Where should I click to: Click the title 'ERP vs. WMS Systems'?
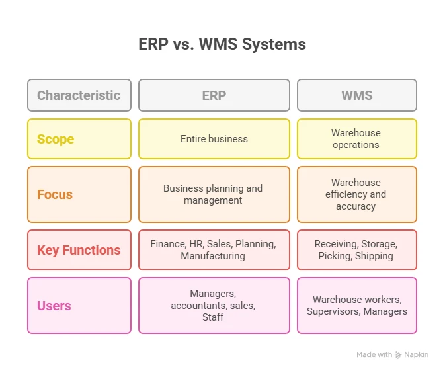pyautogui.click(x=222, y=45)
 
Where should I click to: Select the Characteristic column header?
pyautogui.click(x=79, y=95)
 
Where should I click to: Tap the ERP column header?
pyautogui.click(x=214, y=95)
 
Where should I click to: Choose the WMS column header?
pyautogui.click(x=356, y=95)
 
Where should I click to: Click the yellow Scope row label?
pyautogui.click(x=56, y=139)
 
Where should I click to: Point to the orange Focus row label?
pyautogui.click(x=55, y=194)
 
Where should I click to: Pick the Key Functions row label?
pyautogui.click(x=79, y=250)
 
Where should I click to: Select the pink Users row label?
pyautogui.click(x=54, y=306)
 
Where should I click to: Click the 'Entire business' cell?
pyautogui.click(x=214, y=139)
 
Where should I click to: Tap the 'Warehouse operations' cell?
pyautogui.click(x=356, y=139)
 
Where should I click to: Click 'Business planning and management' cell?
pyautogui.click(x=214, y=194)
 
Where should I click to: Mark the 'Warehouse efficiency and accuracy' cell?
pyautogui.click(x=356, y=194)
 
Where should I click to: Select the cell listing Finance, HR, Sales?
pyautogui.click(x=214, y=250)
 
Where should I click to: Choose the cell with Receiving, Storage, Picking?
pyautogui.click(x=356, y=250)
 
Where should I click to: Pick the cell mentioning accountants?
pyautogui.click(x=214, y=306)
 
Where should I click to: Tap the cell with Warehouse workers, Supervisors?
pyautogui.click(x=356, y=306)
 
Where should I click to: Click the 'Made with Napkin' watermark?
pyautogui.click(x=393, y=355)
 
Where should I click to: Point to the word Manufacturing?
pyautogui.click(x=213, y=256)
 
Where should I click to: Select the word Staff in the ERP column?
pyautogui.click(x=213, y=317)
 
